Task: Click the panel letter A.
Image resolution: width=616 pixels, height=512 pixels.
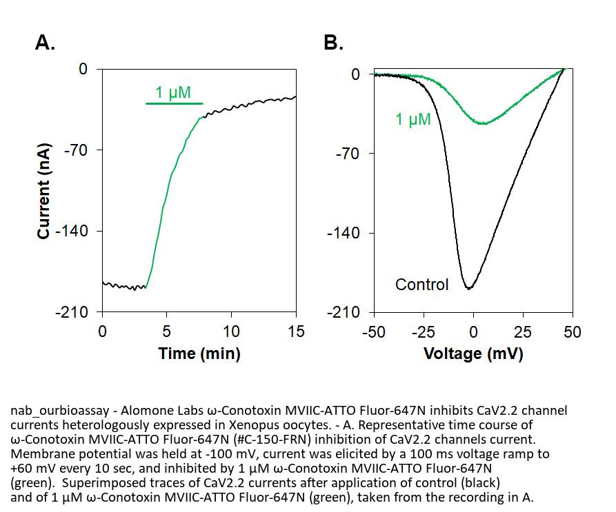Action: (x=45, y=43)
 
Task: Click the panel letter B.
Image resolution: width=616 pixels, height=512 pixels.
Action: (x=333, y=43)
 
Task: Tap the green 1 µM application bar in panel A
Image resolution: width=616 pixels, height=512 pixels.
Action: (x=175, y=103)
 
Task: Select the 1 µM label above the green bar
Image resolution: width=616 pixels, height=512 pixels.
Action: (x=172, y=92)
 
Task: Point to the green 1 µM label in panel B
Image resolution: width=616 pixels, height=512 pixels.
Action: (x=413, y=120)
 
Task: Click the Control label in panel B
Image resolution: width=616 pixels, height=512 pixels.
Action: (x=421, y=284)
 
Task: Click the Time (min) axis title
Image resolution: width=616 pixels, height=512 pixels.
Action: (x=199, y=354)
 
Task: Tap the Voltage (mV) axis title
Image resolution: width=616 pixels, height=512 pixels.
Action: (x=473, y=354)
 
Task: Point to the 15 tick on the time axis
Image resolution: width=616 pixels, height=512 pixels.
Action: (x=296, y=331)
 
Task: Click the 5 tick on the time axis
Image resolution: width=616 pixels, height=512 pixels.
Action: (x=166, y=331)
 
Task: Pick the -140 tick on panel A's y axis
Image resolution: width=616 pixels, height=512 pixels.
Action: (x=72, y=231)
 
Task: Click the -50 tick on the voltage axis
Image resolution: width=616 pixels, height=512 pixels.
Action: (x=374, y=331)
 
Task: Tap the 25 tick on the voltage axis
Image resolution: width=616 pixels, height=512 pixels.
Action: (x=523, y=331)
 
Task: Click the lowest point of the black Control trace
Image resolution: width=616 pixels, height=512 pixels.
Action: (x=470, y=288)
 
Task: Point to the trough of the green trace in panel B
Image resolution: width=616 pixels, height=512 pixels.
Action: (x=483, y=123)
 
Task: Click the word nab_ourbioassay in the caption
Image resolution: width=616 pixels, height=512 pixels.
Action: (x=56, y=411)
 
